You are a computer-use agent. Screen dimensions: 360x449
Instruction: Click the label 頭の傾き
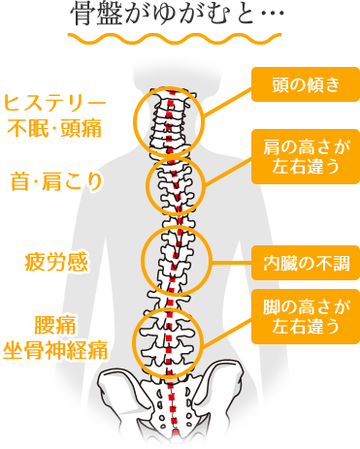tap(306, 84)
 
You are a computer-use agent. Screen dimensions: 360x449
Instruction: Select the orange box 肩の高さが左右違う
tap(306, 156)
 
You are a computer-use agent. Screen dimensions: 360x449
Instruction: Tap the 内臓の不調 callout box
tap(306, 260)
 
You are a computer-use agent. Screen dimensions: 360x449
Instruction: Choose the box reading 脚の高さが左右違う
tap(306, 315)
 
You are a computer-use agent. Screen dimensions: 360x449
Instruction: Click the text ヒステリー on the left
tap(55, 103)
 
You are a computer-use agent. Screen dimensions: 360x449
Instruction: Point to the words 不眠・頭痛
tap(55, 125)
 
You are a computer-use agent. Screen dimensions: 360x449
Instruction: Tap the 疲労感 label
tap(57, 261)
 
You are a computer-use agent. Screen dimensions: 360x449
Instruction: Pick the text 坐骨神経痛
tap(55, 345)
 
